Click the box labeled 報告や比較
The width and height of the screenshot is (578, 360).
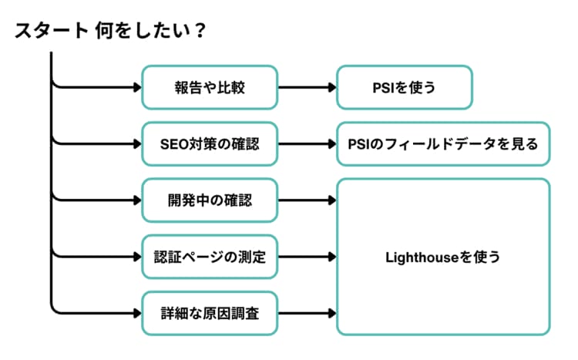click(209, 87)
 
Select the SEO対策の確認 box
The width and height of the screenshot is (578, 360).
click(209, 143)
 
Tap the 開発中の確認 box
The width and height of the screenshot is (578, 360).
click(209, 200)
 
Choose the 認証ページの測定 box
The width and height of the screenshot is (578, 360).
click(209, 257)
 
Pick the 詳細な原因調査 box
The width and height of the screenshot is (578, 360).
click(209, 313)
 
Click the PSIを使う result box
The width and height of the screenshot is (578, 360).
click(404, 87)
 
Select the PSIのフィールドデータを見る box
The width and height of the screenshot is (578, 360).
click(443, 143)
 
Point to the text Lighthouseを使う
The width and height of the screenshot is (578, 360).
click(442, 257)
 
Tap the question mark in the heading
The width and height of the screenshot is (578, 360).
click(200, 30)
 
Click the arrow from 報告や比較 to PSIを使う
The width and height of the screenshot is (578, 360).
click(306, 87)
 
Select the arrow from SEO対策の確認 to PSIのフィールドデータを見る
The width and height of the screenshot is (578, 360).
click(306, 143)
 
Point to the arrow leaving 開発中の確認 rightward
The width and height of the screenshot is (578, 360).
click(306, 200)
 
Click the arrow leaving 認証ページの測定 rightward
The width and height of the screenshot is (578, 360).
click(306, 257)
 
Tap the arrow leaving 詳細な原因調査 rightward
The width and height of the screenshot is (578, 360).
click(306, 313)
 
